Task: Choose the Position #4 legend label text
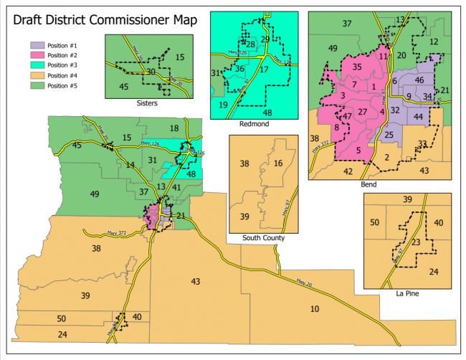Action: [x=62, y=75]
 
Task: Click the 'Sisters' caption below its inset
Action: [x=147, y=103]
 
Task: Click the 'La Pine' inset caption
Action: [x=406, y=293]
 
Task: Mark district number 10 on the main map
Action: [x=315, y=308]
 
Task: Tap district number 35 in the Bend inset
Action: [x=356, y=67]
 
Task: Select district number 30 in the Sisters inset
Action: [x=151, y=72]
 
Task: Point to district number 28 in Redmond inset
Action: [x=251, y=44]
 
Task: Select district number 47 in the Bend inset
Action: [x=347, y=116]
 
